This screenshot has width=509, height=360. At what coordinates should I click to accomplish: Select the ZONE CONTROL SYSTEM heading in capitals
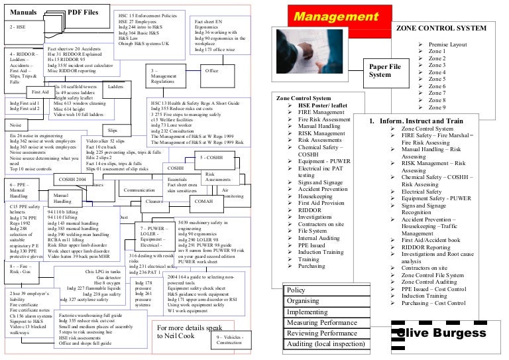pos(441,29)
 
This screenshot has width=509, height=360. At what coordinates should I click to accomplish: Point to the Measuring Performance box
pos(322,323)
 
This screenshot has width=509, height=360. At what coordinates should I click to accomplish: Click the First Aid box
pos(40,92)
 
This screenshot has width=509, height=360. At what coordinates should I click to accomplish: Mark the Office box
pos(212,71)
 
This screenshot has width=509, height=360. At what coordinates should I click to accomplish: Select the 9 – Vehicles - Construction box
pos(230,339)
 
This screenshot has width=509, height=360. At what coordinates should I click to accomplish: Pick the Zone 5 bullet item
pos(437,80)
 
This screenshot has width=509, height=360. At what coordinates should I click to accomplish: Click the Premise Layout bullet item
pos(448,44)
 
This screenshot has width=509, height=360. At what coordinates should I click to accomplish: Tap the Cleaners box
pos(154,200)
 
